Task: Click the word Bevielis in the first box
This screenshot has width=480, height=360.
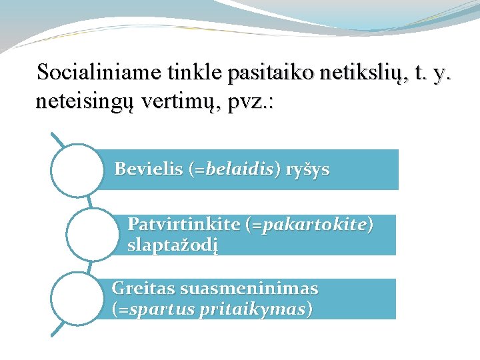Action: (148, 169)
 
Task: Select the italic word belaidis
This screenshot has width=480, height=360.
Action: (237, 169)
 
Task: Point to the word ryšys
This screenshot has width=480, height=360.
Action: (307, 170)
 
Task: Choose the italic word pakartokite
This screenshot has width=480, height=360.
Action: (315, 225)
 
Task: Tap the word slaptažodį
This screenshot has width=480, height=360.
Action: (173, 245)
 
